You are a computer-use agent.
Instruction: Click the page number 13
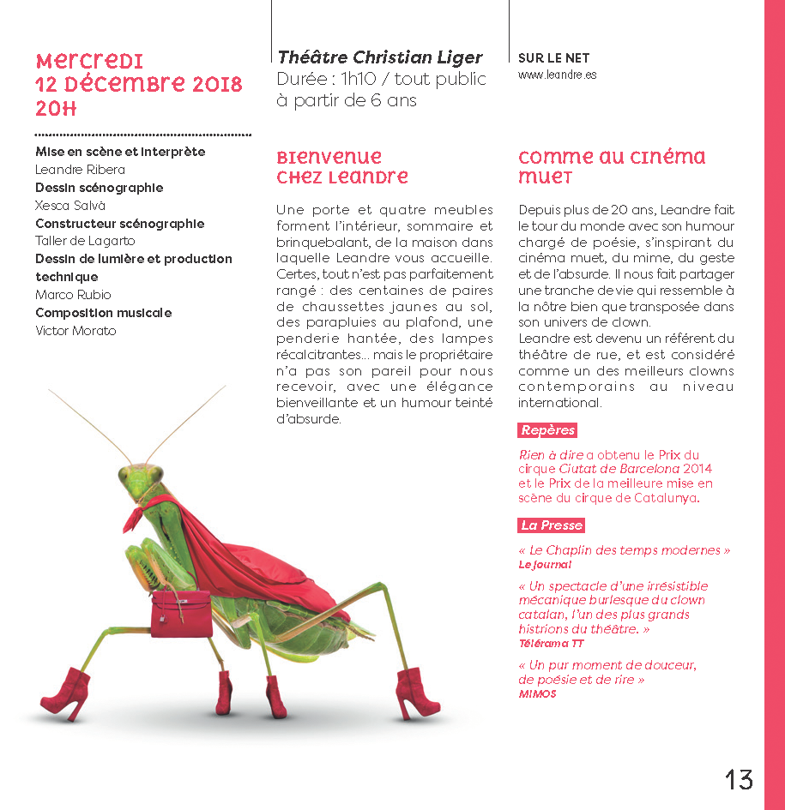point(739,779)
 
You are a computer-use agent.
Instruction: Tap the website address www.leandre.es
point(557,75)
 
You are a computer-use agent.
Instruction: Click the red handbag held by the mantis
point(181,613)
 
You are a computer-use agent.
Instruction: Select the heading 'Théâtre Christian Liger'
point(379,57)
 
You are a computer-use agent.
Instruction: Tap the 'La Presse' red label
point(551,525)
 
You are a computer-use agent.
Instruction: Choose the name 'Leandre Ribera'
point(80,170)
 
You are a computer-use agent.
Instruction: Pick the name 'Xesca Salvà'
point(70,206)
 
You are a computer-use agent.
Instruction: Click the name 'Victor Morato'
point(75,331)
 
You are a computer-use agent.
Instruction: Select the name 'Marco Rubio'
point(73,295)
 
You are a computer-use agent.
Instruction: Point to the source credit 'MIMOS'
point(537,693)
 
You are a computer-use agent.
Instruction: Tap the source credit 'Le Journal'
point(544,565)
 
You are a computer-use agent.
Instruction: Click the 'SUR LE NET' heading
point(553,58)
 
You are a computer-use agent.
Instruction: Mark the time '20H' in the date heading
point(56,109)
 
